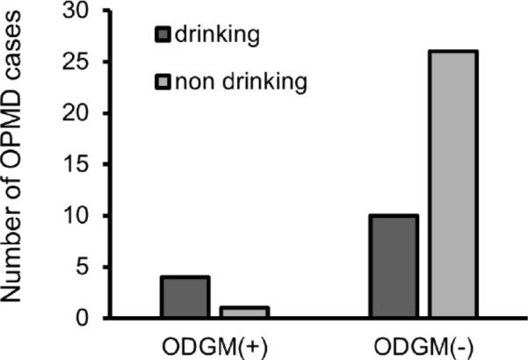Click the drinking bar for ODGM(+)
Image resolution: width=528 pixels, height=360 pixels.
click(x=184, y=298)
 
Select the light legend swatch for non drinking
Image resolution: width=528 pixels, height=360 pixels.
click(x=164, y=83)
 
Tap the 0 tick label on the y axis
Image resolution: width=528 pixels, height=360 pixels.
click(x=81, y=318)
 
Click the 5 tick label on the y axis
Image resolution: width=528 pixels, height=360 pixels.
click(x=81, y=267)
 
